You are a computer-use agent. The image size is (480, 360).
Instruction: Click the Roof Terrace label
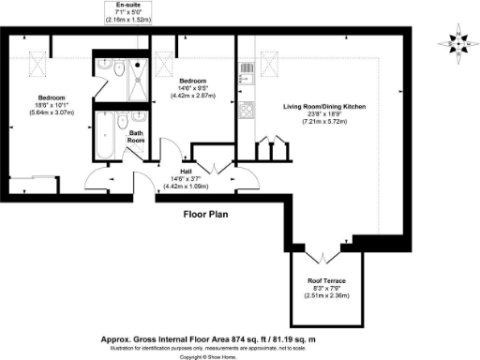[324, 280]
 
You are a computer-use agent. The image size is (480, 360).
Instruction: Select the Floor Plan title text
[207, 215]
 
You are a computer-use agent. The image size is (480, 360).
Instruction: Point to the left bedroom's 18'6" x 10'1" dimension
[51, 106]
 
